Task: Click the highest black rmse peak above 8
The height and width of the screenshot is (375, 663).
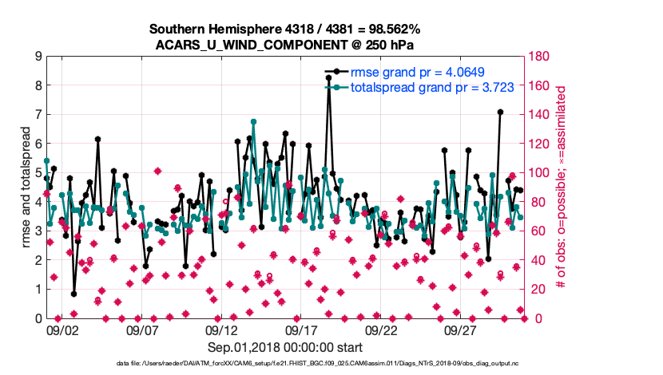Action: click(328, 77)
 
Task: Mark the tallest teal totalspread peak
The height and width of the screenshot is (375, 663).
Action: click(253, 122)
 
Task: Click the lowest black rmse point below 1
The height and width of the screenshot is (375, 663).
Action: click(73, 294)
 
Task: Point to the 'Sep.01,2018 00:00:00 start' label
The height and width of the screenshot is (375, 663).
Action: click(285, 347)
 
